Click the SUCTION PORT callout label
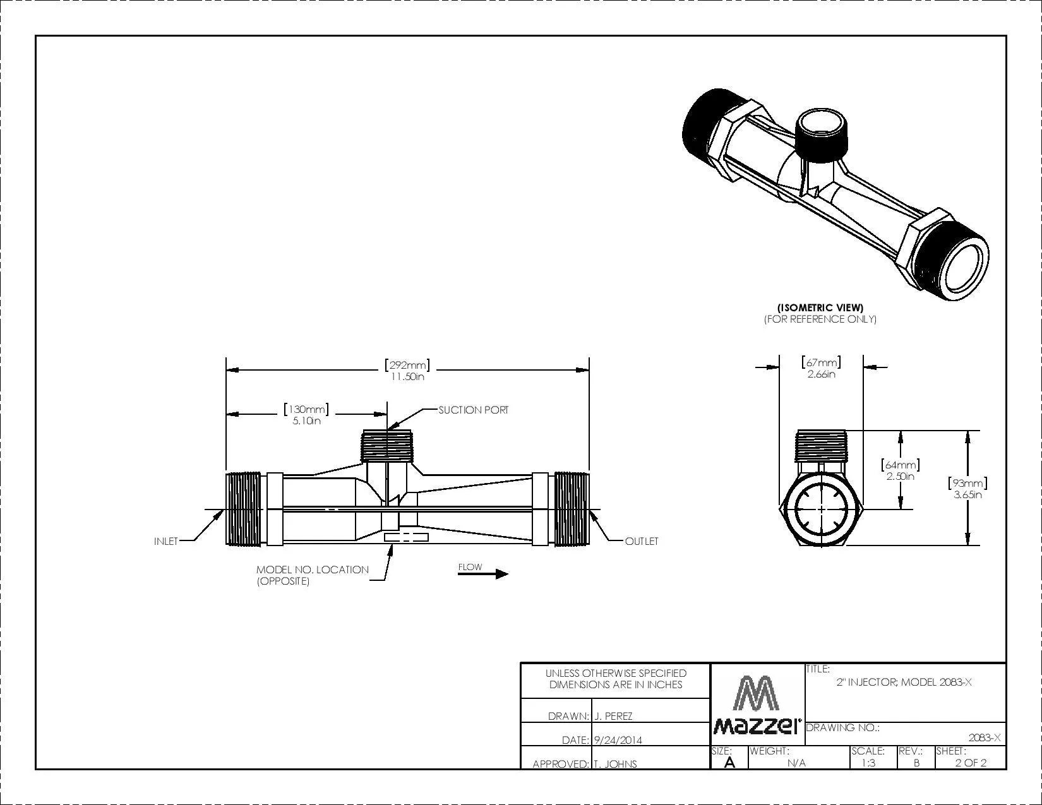473,410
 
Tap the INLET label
166,541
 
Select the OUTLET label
642,541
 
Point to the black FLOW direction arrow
483,574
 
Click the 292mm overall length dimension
407,370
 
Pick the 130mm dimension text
306,415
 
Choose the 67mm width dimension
821,367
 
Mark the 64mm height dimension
900,470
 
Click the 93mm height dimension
967,489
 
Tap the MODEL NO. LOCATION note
312,575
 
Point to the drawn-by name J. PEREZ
613,717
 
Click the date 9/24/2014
618,740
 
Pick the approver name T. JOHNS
615,764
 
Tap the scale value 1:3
868,762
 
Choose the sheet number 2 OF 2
971,762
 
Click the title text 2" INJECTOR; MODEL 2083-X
904,683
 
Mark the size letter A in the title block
729,762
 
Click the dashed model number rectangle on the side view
406,537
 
